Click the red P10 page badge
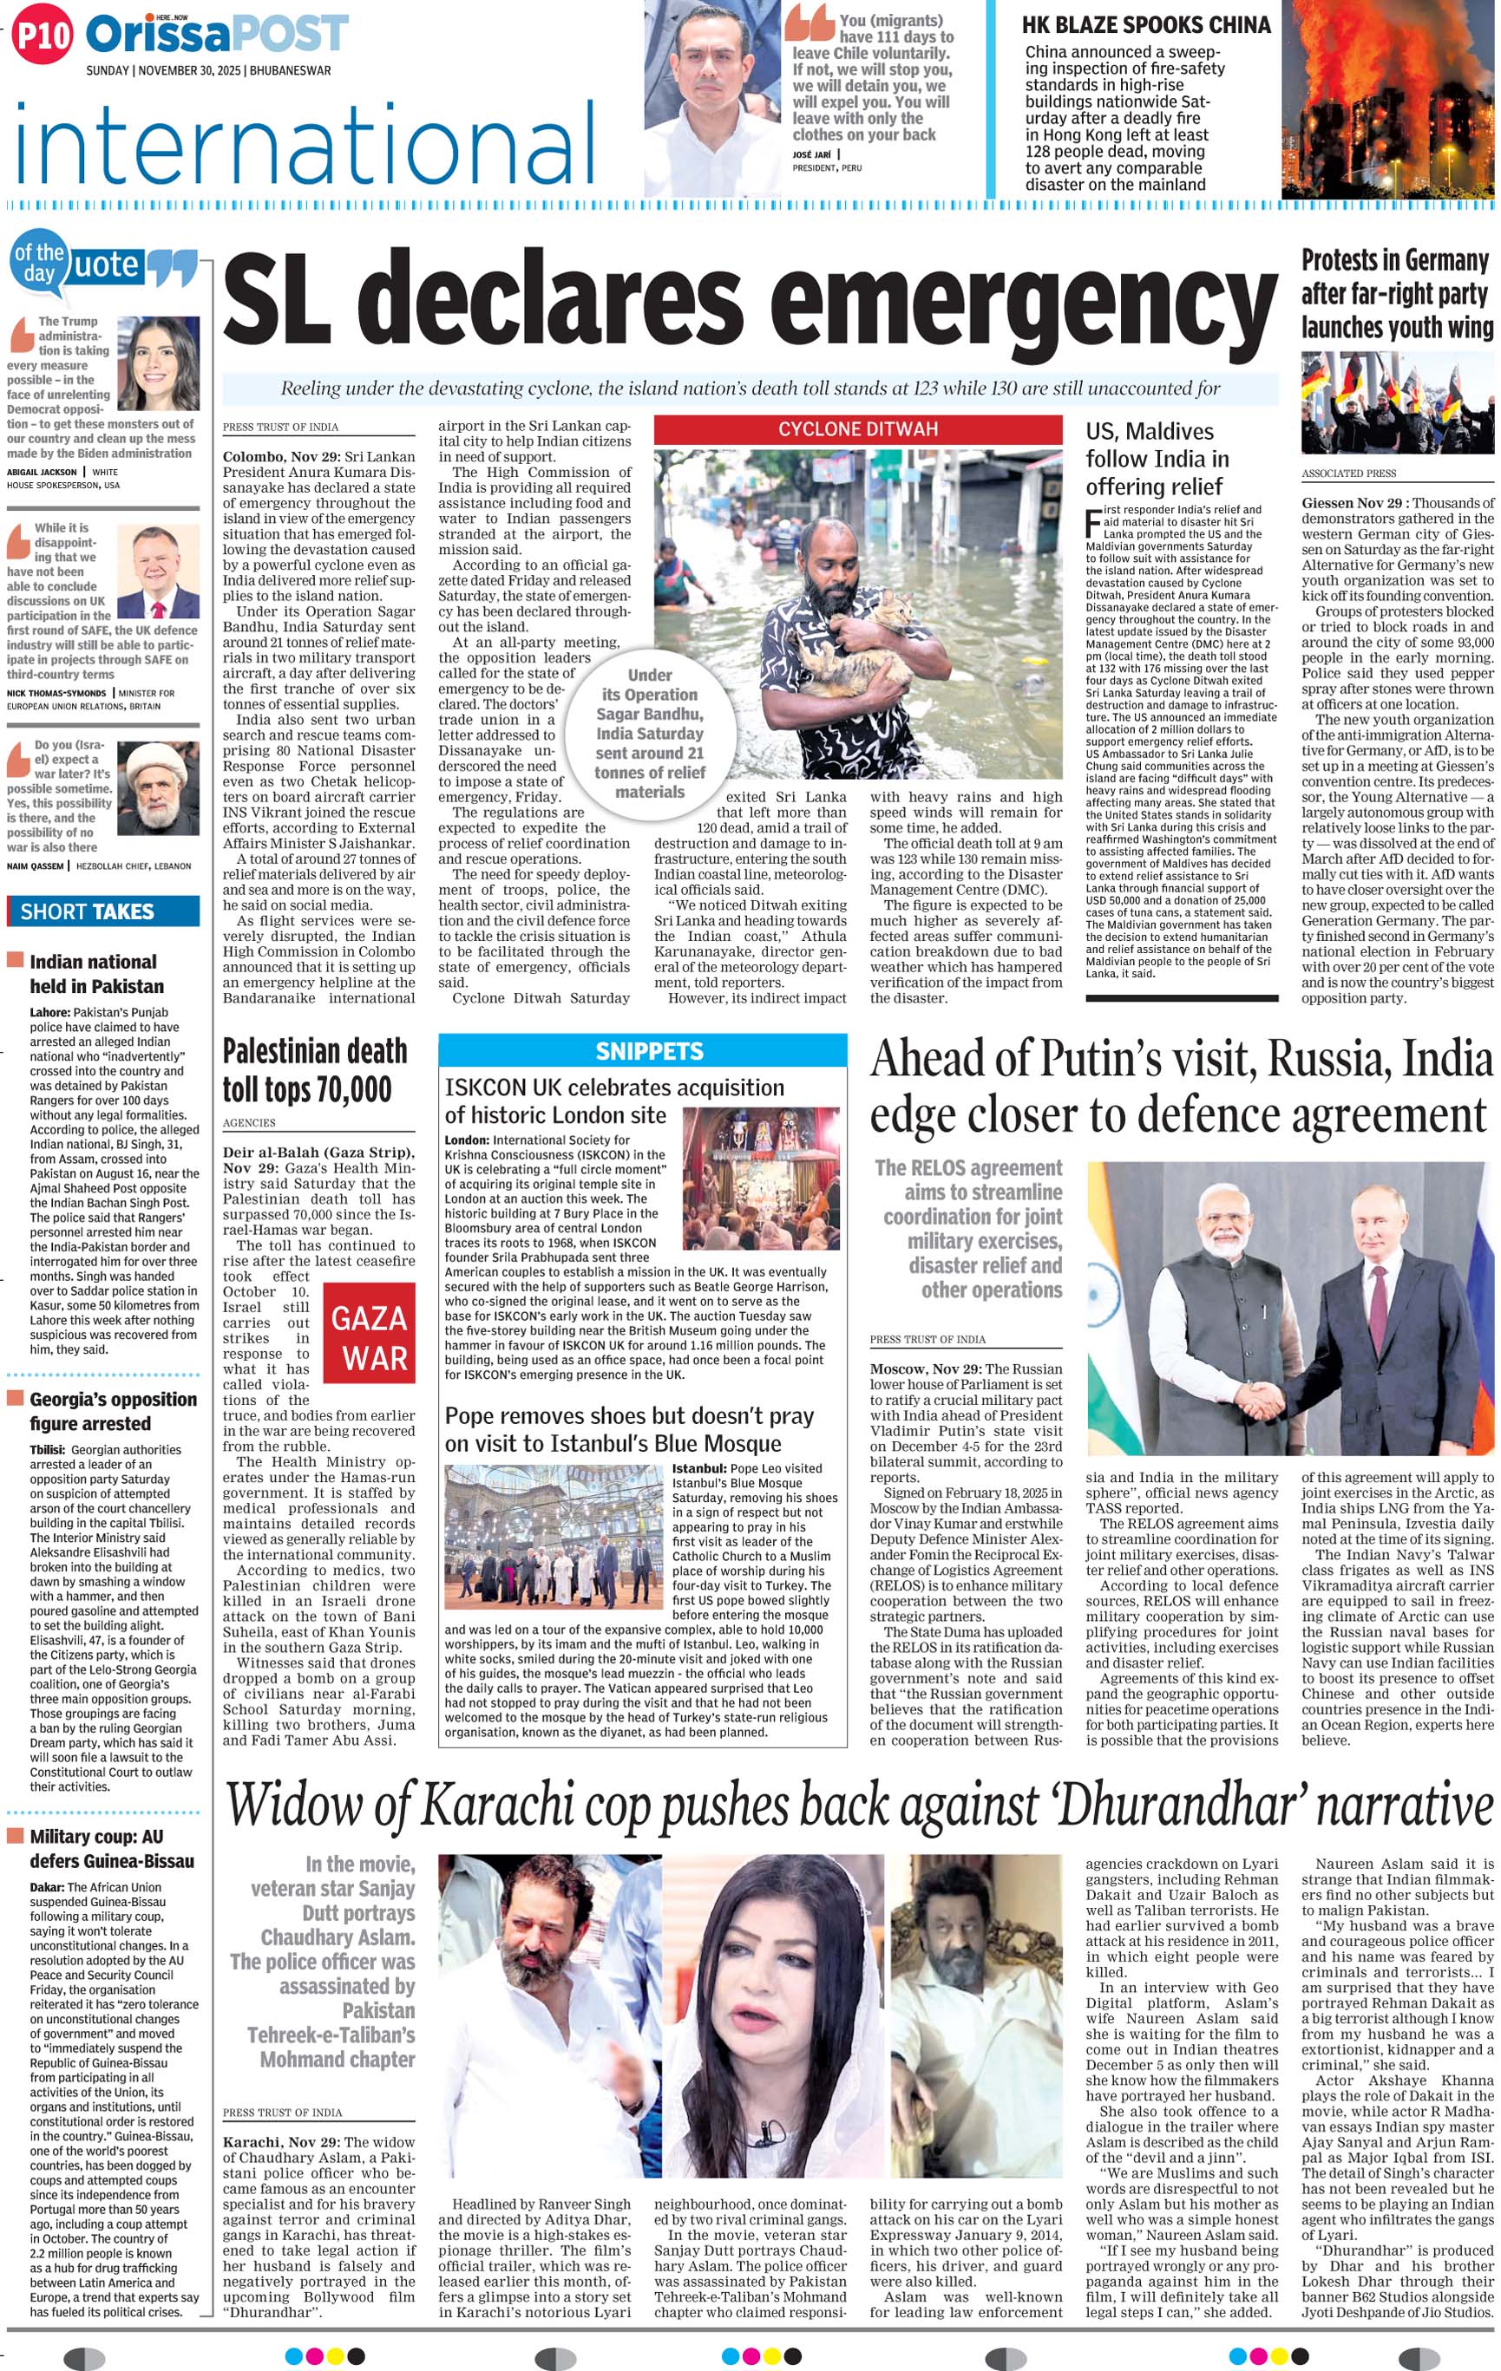[x=43, y=36]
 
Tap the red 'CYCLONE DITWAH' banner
[x=857, y=429]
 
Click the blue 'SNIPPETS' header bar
[x=642, y=1050]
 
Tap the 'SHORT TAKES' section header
[x=88, y=911]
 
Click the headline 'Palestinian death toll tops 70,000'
[x=313, y=1069]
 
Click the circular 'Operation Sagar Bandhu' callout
[x=649, y=733]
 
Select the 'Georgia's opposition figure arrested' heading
[x=111, y=1410]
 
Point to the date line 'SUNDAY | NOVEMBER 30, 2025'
[x=209, y=71]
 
